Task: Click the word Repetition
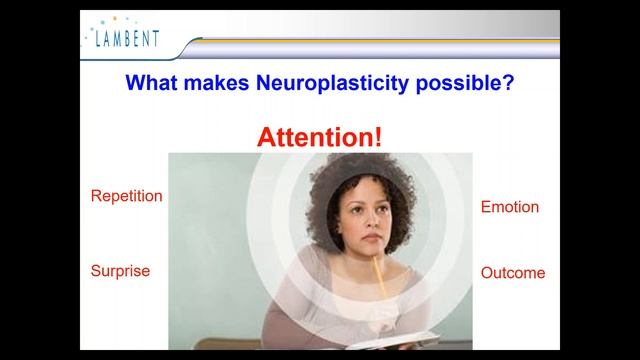click(x=126, y=196)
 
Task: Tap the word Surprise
click(x=120, y=271)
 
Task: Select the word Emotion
click(x=509, y=207)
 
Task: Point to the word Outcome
click(x=512, y=273)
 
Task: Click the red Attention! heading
click(x=319, y=137)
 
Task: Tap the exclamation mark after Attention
click(x=377, y=137)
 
